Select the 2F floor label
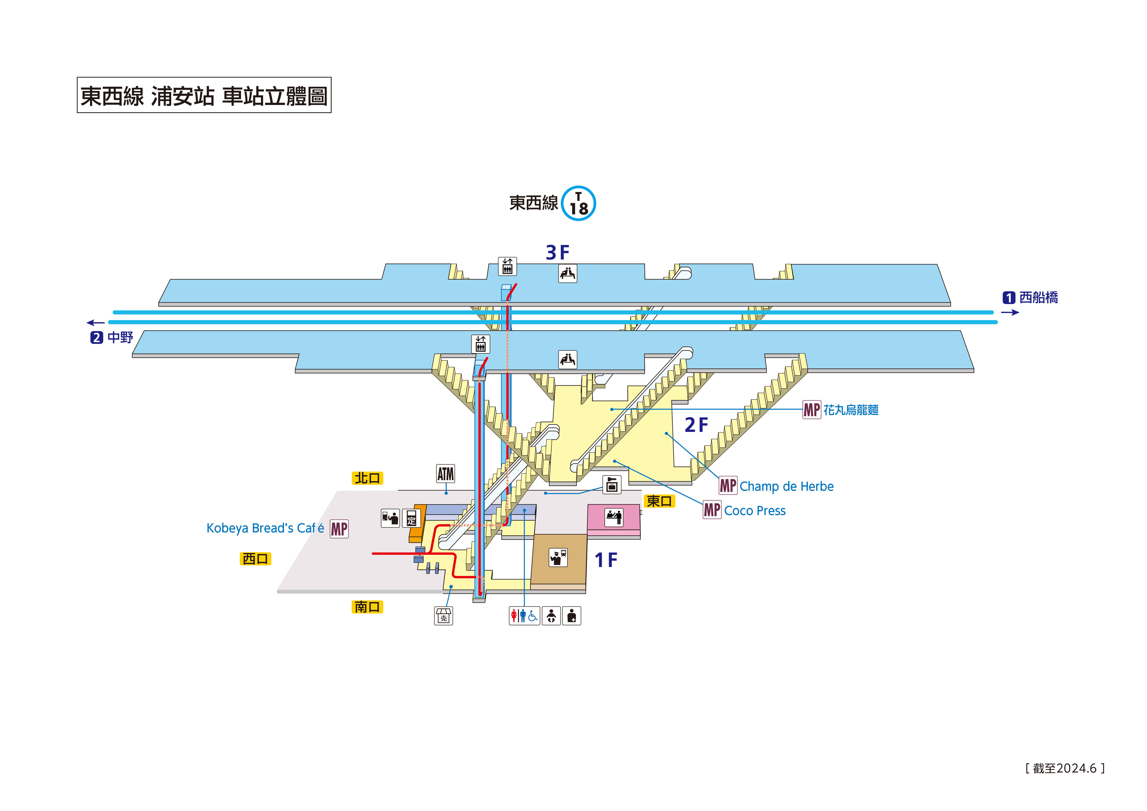pos(696,425)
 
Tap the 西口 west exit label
pos(255,559)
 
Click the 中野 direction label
pos(120,338)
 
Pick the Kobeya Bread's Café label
pos(265,528)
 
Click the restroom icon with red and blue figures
pos(524,616)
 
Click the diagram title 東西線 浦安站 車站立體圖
pos(204,95)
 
